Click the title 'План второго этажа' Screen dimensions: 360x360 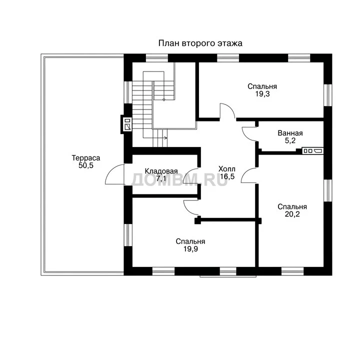point(200,43)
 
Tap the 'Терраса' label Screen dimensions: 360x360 point(86,158)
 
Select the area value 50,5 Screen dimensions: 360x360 point(86,165)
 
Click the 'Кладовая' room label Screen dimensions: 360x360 point(161,171)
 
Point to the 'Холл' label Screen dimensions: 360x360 point(227,169)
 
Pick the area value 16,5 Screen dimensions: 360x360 point(227,176)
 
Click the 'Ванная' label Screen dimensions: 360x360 point(290,133)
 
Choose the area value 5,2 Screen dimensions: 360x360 point(290,140)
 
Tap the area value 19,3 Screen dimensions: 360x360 point(262,93)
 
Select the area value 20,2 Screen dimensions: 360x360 point(292,214)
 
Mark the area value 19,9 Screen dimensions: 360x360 point(190,249)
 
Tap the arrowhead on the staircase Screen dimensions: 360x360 point(166,138)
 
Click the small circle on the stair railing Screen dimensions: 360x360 point(164,99)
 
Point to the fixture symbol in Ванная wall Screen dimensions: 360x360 point(312,151)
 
